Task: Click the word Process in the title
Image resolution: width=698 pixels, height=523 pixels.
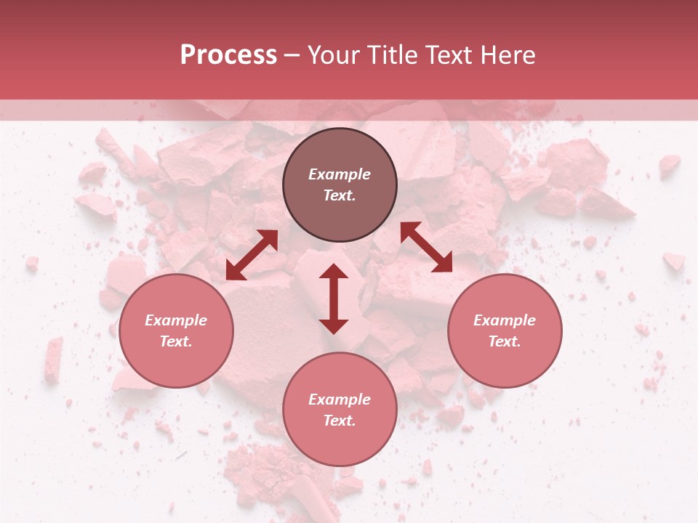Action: click(228, 55)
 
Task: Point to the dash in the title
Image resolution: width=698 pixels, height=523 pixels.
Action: click(292, 56)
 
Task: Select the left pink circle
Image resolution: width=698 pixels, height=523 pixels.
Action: click(176, 331)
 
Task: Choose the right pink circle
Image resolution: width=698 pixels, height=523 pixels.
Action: click(505, 331)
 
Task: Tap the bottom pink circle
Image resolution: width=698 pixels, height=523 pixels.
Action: click(340, 410)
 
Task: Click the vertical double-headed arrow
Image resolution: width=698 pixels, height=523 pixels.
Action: click(334, 299)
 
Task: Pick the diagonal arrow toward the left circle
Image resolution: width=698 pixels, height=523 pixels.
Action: click(252, 255)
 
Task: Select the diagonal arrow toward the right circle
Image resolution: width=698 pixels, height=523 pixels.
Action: click(426, 247)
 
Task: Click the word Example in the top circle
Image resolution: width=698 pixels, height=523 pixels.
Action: click(340, 174)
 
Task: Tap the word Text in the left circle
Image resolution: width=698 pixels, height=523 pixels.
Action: click(176, 341)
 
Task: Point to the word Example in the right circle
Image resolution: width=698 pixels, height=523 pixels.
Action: click(505, 320)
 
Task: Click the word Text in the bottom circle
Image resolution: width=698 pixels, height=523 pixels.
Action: click(340, 421)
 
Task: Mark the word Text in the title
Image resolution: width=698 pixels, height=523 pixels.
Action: click(449, 55)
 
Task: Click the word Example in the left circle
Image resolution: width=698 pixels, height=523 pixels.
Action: click(176, 320)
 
